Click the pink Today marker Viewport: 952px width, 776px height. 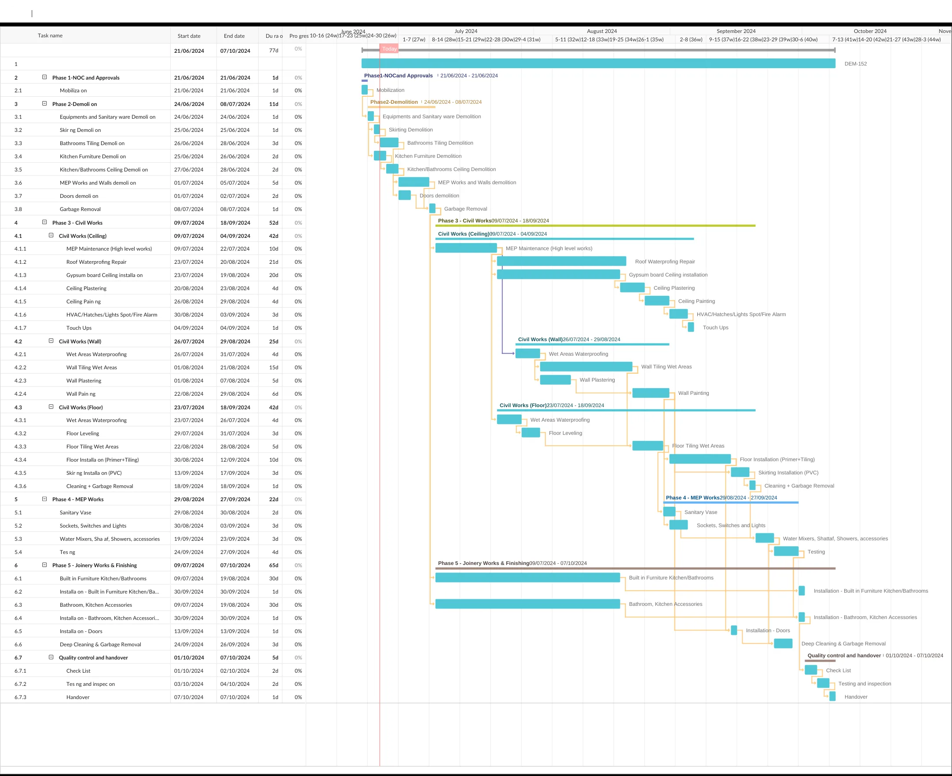coord(389,49)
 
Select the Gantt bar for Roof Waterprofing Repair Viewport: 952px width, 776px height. coord(561,262)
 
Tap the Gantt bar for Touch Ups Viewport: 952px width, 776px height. coord(691,327)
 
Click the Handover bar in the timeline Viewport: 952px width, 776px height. coord(832,696)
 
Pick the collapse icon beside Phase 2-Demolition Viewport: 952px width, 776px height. coord(44,104)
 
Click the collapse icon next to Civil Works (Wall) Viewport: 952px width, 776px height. coord(51,341)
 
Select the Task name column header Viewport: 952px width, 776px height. coord(50,36)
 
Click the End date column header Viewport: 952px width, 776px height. coord(234,36)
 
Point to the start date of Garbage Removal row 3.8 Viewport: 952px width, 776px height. coord(189,209)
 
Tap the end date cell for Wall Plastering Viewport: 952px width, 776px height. coord(235,381)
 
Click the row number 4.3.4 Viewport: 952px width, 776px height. coord(20,460)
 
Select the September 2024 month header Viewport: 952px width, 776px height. coord(736,31)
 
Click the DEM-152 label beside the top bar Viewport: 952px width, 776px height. coord(855,64)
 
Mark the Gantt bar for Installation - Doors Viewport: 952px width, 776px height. coord(734,630)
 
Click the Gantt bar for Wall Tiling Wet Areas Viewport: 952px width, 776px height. coord(586,367)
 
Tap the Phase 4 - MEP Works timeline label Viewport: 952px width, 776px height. coord(692,498)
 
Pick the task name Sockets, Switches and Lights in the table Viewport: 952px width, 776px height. coord(93,526)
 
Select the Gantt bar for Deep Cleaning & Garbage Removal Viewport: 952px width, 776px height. coord(783,644)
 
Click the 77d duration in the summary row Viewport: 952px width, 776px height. coord(274,51)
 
